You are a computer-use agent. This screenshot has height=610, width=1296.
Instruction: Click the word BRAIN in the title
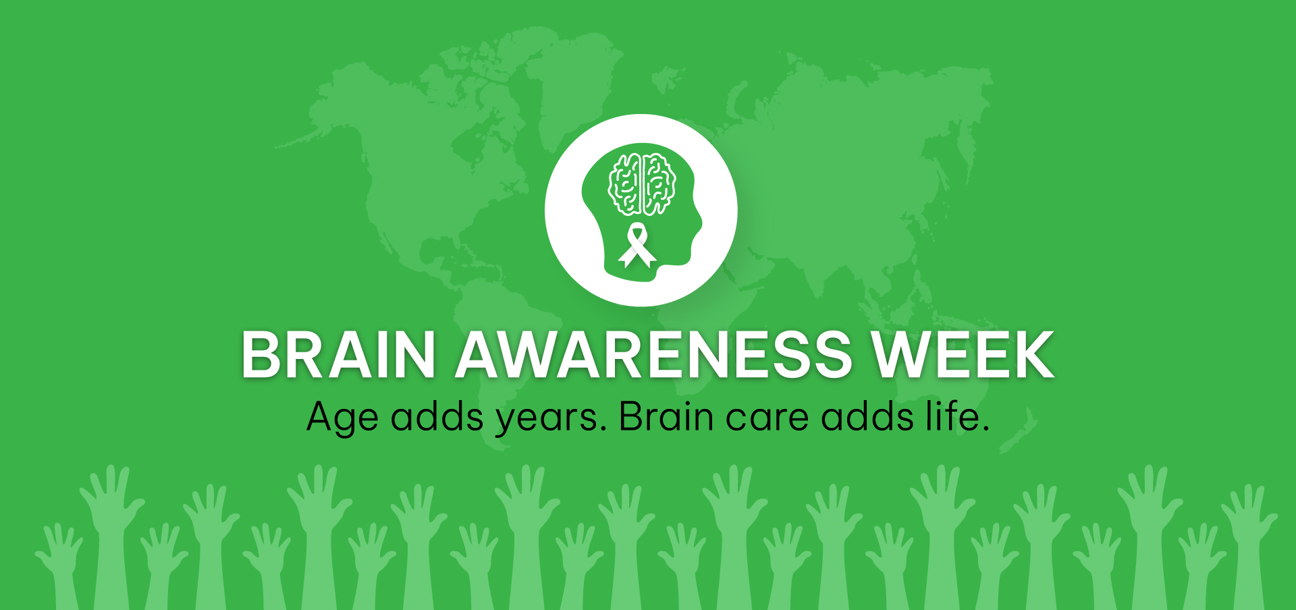pyautogui.click(x=338, y=355)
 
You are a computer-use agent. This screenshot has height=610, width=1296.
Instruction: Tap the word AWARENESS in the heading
pyautogui.click(x=653, y=355)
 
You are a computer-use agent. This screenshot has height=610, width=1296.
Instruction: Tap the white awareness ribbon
pyautogui.click(x=637, y=246)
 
